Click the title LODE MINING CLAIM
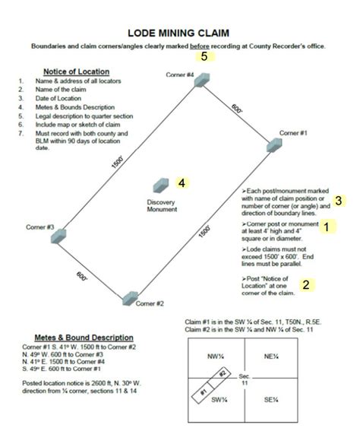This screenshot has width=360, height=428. pos(180,33)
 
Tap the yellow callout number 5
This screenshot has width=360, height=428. pos(204,57)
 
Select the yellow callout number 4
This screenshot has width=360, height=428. pos(182,182)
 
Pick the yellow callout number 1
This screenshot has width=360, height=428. pos(327,227)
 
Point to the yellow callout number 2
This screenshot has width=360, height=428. pos(305,285)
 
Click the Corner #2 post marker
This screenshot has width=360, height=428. pos(131,296)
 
